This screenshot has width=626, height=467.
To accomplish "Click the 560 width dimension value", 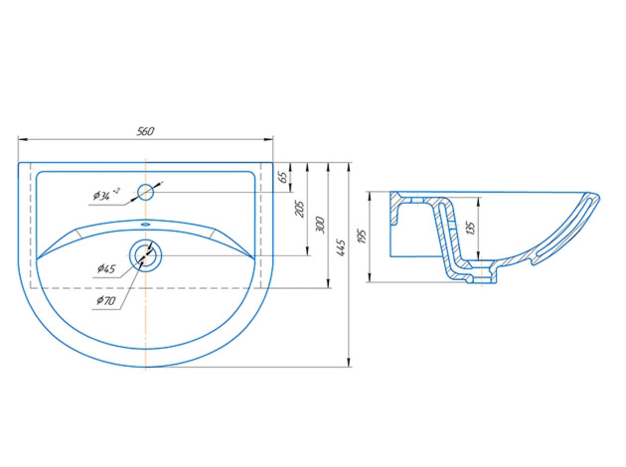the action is (145, 131).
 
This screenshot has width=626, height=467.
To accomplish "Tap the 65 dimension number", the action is (282, 177).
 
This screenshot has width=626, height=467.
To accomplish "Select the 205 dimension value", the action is (299, 209).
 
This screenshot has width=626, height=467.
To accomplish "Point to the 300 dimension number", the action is (320, 226).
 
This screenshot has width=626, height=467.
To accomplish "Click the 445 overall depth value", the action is (341, 247).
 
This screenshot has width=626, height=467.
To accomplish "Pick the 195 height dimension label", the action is (362, 236).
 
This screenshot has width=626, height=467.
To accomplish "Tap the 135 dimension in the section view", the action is (471, 228).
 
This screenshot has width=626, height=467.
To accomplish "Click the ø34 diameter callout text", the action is (106, 194).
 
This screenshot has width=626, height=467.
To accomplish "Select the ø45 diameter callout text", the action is (106, 268).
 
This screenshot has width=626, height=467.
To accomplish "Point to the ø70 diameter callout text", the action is (105, 300).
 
